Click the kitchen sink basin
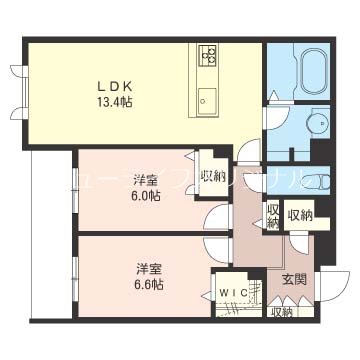209,98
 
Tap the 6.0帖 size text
146,196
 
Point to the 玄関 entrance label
293,280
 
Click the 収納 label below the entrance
281,313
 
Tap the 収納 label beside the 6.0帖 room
212,177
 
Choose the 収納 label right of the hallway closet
300,214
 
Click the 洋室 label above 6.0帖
146,180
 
